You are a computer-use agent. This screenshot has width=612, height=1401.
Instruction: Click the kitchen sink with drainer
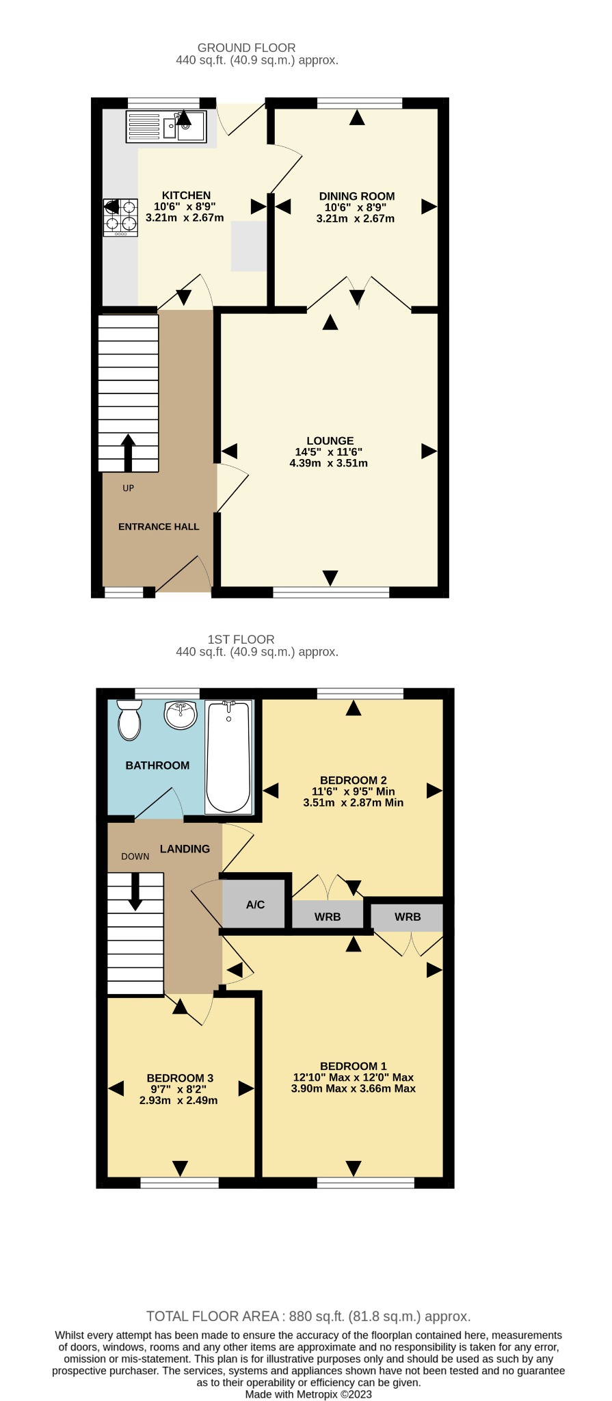tap(165, 126)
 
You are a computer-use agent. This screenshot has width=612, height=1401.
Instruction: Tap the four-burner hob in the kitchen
tap(120, 217)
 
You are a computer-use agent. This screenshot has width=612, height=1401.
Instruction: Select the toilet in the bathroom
tap(129, 720)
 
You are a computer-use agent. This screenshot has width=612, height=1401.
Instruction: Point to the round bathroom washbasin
tap(181, 715)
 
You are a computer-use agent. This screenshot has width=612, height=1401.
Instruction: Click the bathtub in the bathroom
tap(228, 757)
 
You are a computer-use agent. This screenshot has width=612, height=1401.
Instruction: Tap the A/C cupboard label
tap(255, 904)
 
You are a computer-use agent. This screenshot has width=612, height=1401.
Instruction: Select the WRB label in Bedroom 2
tap(328, 917)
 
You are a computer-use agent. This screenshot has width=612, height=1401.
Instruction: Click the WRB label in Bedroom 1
tap(408, 917)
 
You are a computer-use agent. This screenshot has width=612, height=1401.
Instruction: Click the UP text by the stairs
tap(129, 488)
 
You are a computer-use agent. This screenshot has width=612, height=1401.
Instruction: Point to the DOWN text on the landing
tap(135, 856)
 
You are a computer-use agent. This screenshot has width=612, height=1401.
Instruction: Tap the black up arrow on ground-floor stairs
tap(129, 452)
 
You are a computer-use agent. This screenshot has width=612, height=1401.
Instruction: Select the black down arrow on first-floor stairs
tap(135, 892)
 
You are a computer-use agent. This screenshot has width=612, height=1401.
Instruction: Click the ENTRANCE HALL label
tap(159, 527)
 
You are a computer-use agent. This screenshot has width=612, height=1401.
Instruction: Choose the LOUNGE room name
tap(330, 441)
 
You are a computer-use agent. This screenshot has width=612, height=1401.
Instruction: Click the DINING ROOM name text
tap(357, 196)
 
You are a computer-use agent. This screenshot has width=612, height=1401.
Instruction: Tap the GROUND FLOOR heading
tap(247, 48)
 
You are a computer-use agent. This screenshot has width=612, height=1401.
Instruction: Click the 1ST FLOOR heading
tap(241, 640)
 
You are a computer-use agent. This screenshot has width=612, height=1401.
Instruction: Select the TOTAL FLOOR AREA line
tap(308, 1316)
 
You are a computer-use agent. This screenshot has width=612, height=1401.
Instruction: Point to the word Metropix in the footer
tap(317, 1394)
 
